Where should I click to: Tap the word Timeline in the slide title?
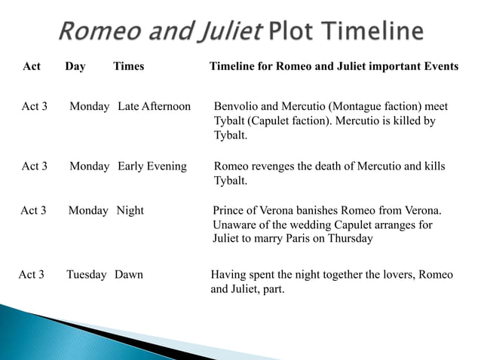click(372, 32)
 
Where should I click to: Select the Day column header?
click(75, 66)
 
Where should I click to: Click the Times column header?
click(128, 66)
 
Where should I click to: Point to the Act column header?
click(32, 66)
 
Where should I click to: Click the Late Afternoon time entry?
click(155, 106)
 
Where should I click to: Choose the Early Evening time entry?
click(152, 166)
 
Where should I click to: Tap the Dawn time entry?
click(129, 274)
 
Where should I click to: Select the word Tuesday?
click(87, 274)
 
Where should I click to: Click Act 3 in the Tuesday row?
click(31, 274)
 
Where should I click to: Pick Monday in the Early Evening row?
click(90, 166)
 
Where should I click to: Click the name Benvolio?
click(237, 106)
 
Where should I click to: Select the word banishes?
click(328, 210)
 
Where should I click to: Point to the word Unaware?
click(234, 224)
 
